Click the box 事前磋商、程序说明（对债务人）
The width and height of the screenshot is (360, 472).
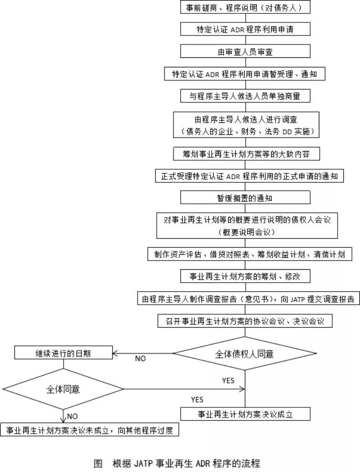click(245, 8)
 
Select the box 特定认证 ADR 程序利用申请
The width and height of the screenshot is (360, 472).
click(245, 30)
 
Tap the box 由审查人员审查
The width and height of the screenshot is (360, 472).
click(245, 52)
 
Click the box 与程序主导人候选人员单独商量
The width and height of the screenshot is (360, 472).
click(245, 96)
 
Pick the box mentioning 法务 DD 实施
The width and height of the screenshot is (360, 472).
click(245, 124)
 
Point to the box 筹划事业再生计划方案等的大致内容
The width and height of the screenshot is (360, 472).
click(245, 154)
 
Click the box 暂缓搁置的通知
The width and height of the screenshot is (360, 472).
click(245, 198)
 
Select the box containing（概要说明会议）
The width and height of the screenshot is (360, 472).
click(245, 225)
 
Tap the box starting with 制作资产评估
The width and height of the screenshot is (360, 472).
click(250, 254)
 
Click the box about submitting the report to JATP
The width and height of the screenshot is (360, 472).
click(247, 299)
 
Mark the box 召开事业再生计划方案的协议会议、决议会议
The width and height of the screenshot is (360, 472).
click(245, 321)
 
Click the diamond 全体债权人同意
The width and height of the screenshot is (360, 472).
click(244, 354)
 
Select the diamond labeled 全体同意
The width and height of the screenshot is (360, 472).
click(63, 389)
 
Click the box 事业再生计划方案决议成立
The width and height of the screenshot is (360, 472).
click(245, 414)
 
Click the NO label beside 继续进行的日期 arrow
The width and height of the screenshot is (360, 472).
click(141, 359)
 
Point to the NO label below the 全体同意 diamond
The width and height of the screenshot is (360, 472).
click(72, 417)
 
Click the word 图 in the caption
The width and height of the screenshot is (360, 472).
click(98, 463)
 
